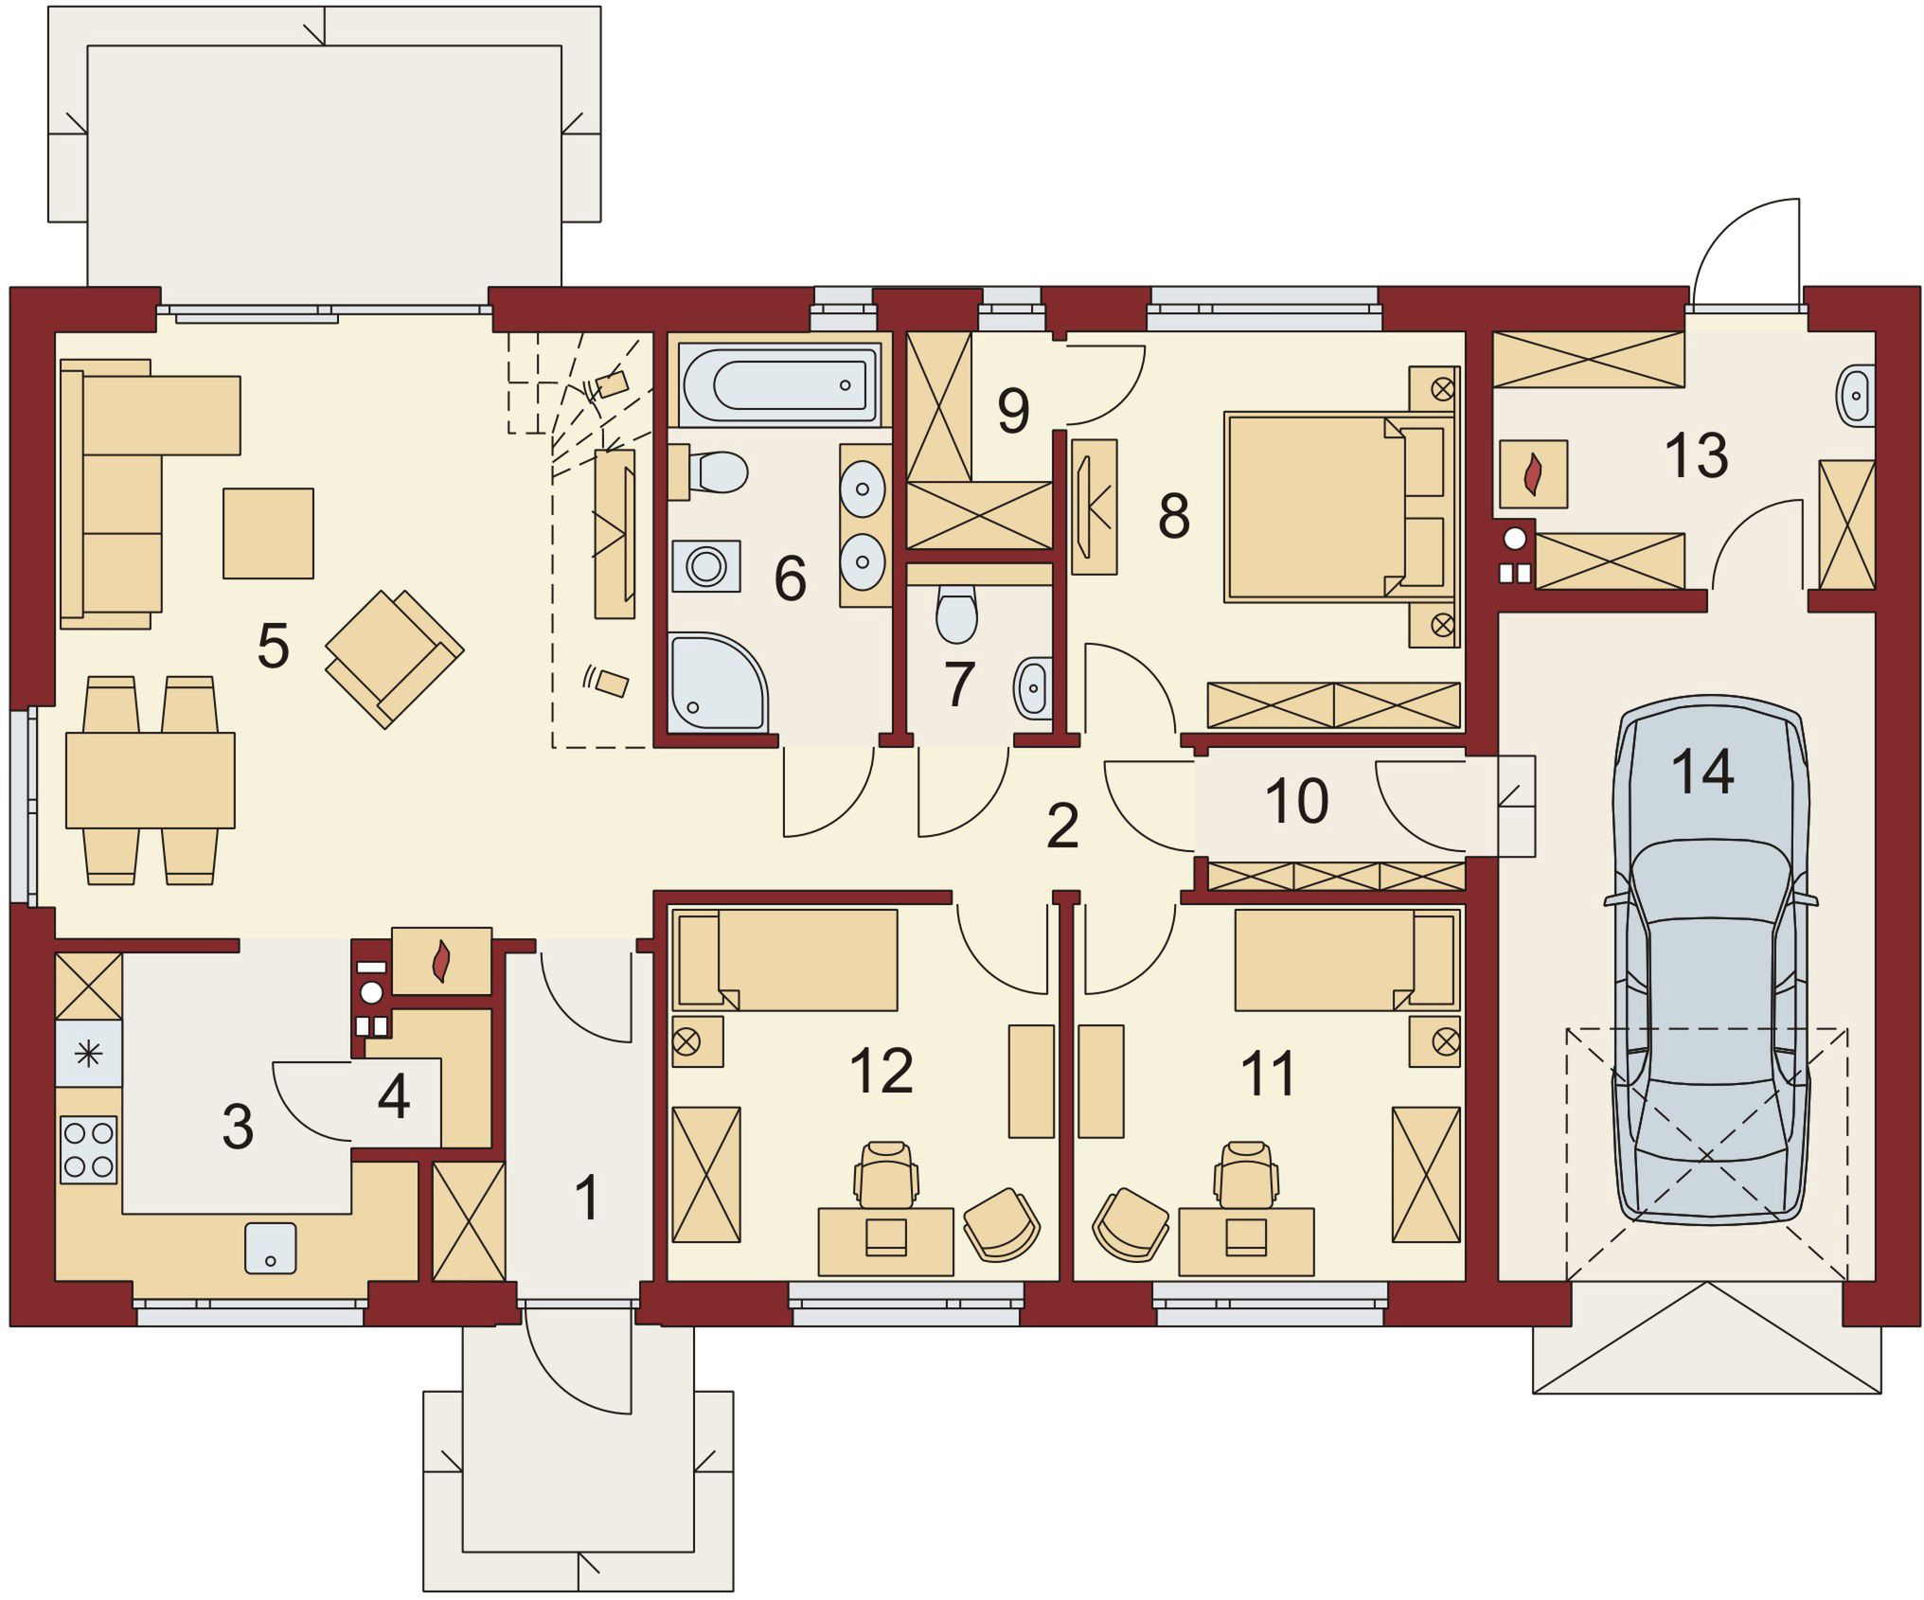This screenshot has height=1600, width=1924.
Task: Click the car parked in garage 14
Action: pos(1710,958)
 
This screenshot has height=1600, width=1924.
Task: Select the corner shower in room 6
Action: pos(717,683)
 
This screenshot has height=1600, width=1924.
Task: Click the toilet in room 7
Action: pos(956,613)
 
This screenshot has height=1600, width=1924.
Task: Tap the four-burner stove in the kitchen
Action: pos(89,1149)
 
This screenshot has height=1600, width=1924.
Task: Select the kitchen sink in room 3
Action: pos(271,1248)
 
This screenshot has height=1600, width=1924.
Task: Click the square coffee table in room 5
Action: pos(268,533)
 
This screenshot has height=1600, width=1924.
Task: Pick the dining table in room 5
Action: pos(151,780)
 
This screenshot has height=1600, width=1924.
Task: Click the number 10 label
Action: pos(1296,801)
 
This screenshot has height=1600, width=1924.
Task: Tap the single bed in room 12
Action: pos(786,960)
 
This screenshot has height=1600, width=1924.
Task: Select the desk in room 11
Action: pos(1246,1241)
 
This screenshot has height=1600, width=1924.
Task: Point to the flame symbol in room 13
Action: pos(1533,474)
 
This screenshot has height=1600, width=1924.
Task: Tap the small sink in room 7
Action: pos(1033,686)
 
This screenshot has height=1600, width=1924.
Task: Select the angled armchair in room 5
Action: pos(394,658)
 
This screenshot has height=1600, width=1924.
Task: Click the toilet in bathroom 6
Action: pos(709,471)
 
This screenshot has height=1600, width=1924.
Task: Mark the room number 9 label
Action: pos(1013,411)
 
